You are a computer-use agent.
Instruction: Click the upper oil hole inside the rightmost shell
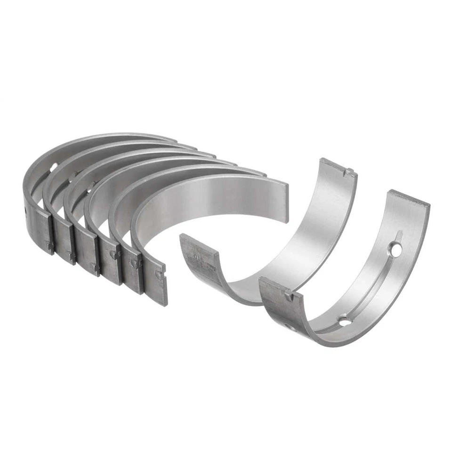point(396,249)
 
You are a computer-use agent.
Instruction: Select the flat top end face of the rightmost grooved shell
point(409,198)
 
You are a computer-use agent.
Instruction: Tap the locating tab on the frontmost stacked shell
point(160,274)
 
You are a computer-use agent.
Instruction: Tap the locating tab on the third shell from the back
point(95,267)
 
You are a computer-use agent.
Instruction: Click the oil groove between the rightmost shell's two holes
point(372,287)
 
